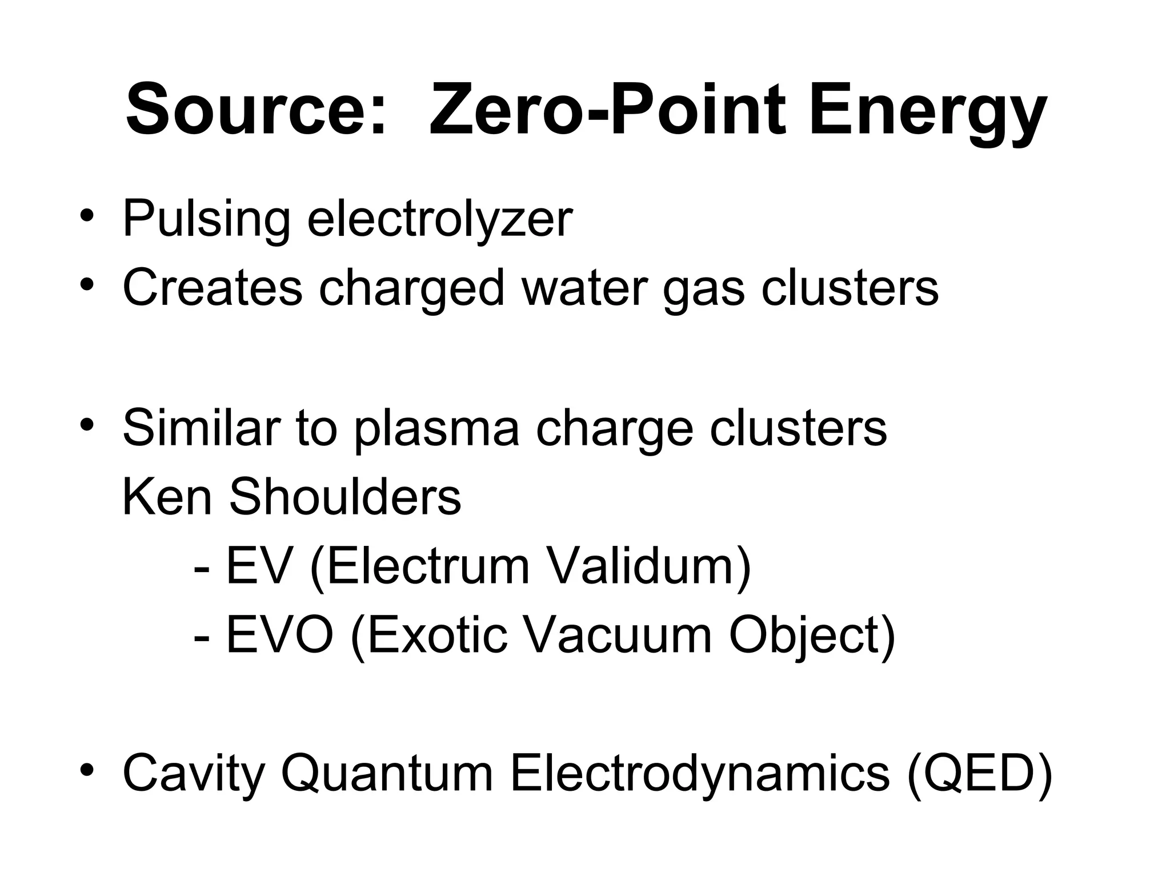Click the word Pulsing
pos(206,219)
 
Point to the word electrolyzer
pos(440,219)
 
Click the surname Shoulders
pos(345,497)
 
